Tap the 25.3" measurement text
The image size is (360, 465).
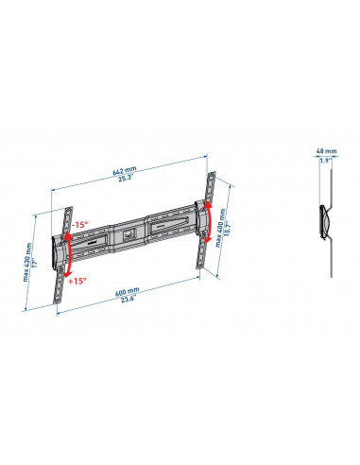[x=126, y=179]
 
